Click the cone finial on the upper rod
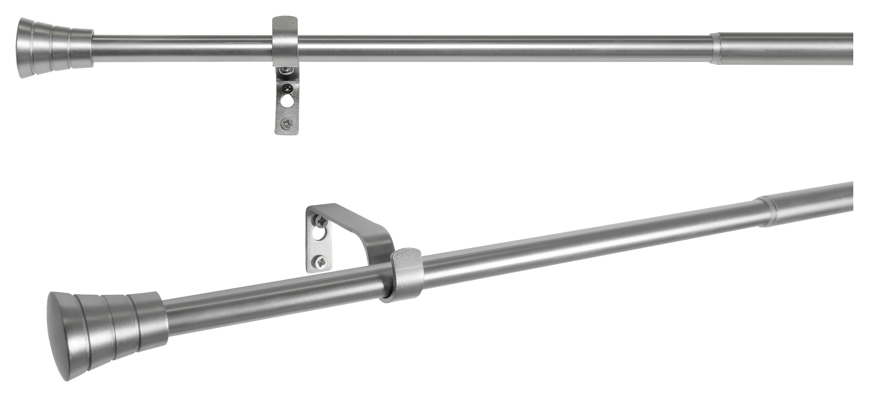point(54,48)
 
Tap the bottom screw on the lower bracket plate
point(320,262)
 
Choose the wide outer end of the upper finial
point(24,48)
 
